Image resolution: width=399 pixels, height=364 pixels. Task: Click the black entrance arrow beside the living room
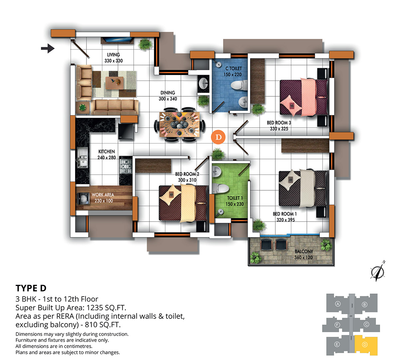click(x=48, y=48)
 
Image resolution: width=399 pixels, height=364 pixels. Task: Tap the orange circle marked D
click(x=218, y=137)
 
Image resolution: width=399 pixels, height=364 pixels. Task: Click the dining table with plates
click(x=180, y=125)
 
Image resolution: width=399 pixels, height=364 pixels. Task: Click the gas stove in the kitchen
click(x=126, y=166)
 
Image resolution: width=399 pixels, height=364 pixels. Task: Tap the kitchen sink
click(x=82, y=157)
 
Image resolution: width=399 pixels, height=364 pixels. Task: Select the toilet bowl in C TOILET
click(x=239, y=85)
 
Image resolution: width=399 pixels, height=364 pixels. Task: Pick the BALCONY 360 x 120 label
click(x=303, y=254)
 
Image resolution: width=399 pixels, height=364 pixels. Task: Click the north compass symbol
click(x=378, y=271)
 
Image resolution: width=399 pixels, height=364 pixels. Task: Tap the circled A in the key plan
click(x=338, y=304)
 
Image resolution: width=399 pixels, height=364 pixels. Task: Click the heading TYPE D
click(x=31, y=288)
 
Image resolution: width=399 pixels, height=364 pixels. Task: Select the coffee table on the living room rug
click(x=115, y=83)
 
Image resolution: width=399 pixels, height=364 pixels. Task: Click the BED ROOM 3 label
click(x=279, y=123)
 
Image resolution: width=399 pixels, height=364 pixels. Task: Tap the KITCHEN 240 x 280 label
click(x=106, y=154)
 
